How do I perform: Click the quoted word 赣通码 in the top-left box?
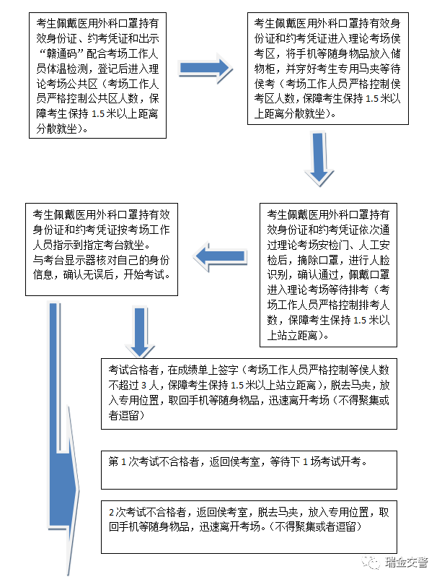point(62,54)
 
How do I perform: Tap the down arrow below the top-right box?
point(319,158)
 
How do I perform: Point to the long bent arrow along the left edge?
point(63,438)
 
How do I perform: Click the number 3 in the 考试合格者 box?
point(143,386)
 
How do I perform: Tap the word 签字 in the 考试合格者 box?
point(229,370)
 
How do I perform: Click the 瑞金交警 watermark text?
point(406,563)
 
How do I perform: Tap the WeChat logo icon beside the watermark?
point(371,563)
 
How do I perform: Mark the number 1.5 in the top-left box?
point(98,114)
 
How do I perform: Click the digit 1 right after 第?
point(124,462)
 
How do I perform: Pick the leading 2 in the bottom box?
point(112,513)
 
